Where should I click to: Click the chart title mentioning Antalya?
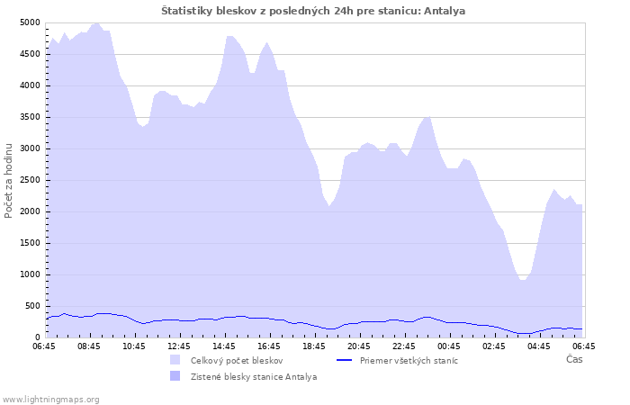click(x=313, y=11)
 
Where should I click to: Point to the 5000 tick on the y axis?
click(x=30, y=22)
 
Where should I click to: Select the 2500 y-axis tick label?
click(x=30, y=180)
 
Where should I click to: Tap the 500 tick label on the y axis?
click(x=32, y=306)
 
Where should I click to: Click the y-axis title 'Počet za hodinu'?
click(x=8, y=181)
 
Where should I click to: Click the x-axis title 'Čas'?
click(x=574, y=359)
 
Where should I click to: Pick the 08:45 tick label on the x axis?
click(x=89, y=346)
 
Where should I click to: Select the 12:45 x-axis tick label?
click(x=179, y=346)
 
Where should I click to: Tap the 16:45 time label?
click(x=269, y=346)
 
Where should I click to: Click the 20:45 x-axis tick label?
click(x=359, y=346)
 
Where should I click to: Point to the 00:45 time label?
click(x=449, y=346)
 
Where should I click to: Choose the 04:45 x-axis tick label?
click(x=539, y=346)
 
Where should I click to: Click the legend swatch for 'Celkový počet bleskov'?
click(x=175, y=360)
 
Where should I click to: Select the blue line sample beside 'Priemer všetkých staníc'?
click(x=345, y=360)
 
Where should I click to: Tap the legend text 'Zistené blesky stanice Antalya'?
click(x=254, y=377)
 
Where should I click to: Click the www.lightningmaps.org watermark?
click(x=50, y=400)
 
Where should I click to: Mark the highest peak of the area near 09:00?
click(x=96, y=23)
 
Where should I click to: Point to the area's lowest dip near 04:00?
click(x=522, y=280)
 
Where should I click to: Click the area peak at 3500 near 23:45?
click(x=429, y=117)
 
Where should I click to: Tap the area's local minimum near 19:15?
click(x=329, y=206)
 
